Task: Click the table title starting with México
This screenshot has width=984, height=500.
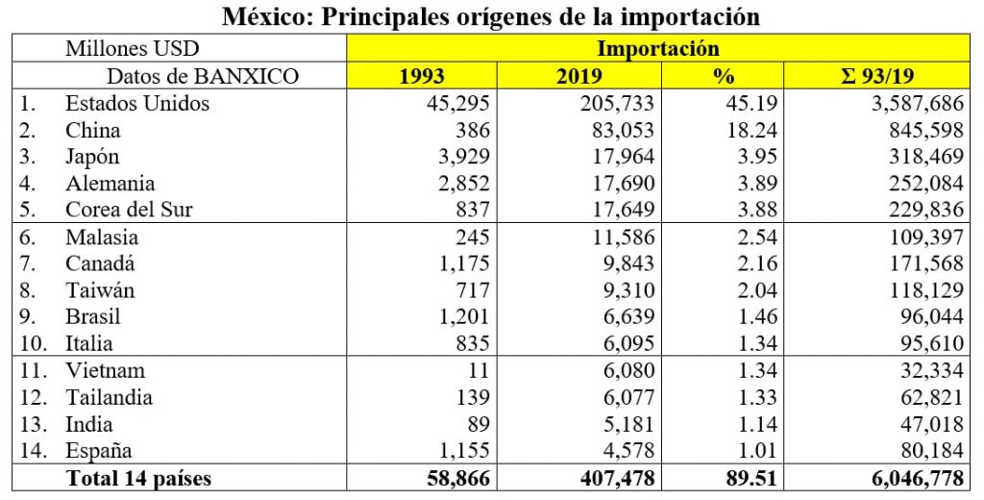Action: tap(491, 16)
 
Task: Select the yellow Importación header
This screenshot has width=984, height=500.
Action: tap(658, 48)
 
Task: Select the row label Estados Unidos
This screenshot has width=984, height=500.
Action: tap(137, 103)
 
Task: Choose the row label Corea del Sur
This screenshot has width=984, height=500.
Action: tap(129, 210)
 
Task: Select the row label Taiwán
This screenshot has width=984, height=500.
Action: tap(100, 289)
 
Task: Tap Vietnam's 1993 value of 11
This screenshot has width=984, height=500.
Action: tap(479, 370)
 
